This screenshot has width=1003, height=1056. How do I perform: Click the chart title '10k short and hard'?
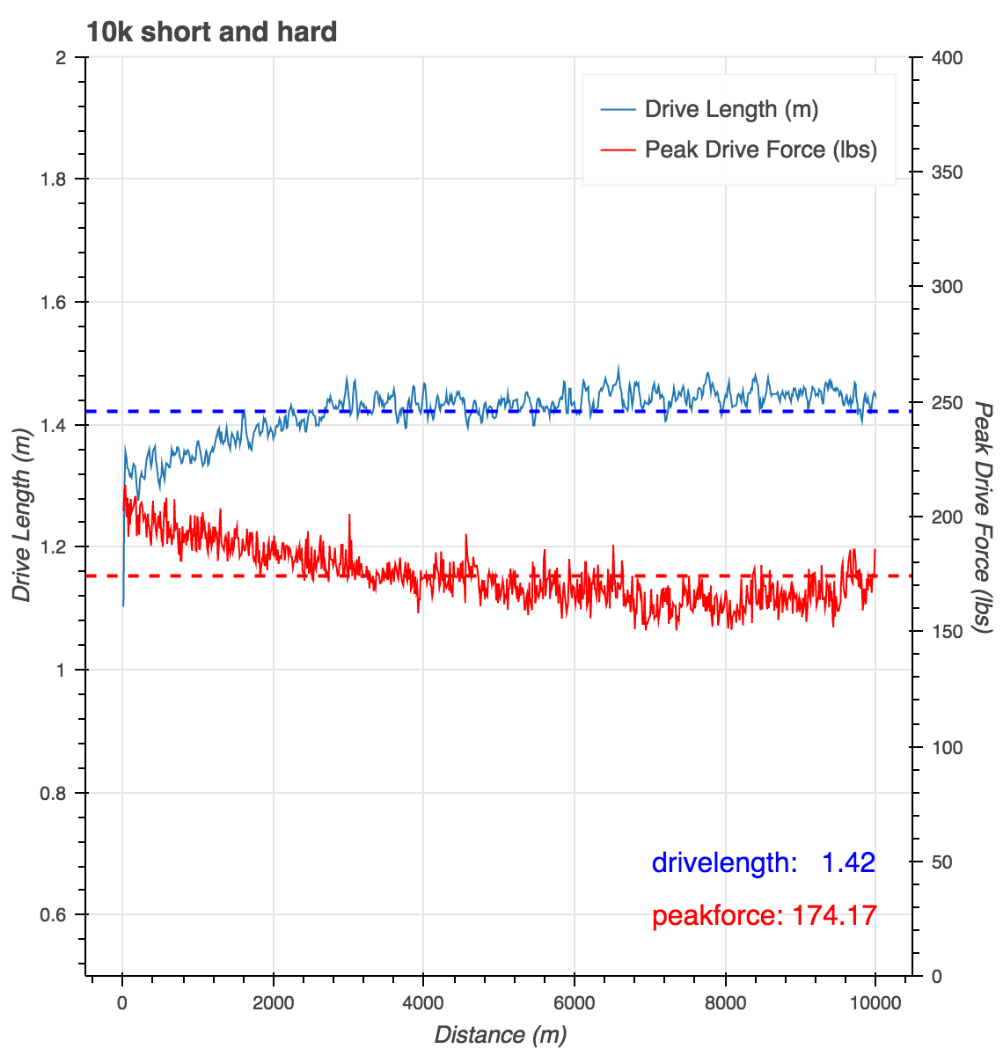click(211, 33)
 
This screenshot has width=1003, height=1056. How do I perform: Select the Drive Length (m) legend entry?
click(731, 109)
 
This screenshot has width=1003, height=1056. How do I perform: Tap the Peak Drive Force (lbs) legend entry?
click(760, 150)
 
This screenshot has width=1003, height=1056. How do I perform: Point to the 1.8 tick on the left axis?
click(58, 180)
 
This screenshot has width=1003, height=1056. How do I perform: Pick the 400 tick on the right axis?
click(948, 58)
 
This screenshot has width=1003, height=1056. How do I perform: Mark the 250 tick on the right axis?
click(948, 402)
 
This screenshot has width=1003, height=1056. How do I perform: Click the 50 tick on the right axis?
click(942, 862)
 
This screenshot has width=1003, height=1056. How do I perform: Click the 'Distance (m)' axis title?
click(501, 1034)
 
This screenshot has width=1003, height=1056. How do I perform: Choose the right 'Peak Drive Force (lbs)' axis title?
click(983, 516)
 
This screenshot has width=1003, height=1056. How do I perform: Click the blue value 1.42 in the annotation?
click(848, 862)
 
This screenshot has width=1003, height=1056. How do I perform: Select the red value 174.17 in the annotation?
click(834, 916)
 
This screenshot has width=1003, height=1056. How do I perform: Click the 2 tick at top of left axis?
click(62, 58)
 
